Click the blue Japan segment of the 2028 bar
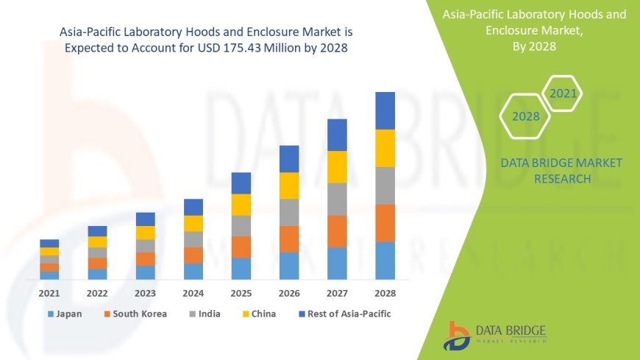(x=385, y=260)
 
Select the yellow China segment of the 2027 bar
(x=337, y=166)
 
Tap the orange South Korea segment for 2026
(x=289, y=239)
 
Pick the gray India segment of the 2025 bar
(x=241, y=225)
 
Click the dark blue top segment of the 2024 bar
(x=193, y=207)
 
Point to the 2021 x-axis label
(x=49, y=293)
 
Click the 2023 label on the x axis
(x=145, y=293)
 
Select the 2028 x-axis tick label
(x=385, y=293)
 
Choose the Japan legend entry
(x=65, y=314)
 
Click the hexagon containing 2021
(x=563, y=93)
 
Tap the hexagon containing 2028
(x=526, y=116)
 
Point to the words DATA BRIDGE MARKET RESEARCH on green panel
(x=561, y=170)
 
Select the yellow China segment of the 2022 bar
(x=97, y=241)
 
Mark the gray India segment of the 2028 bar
(x=385, y=186)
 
